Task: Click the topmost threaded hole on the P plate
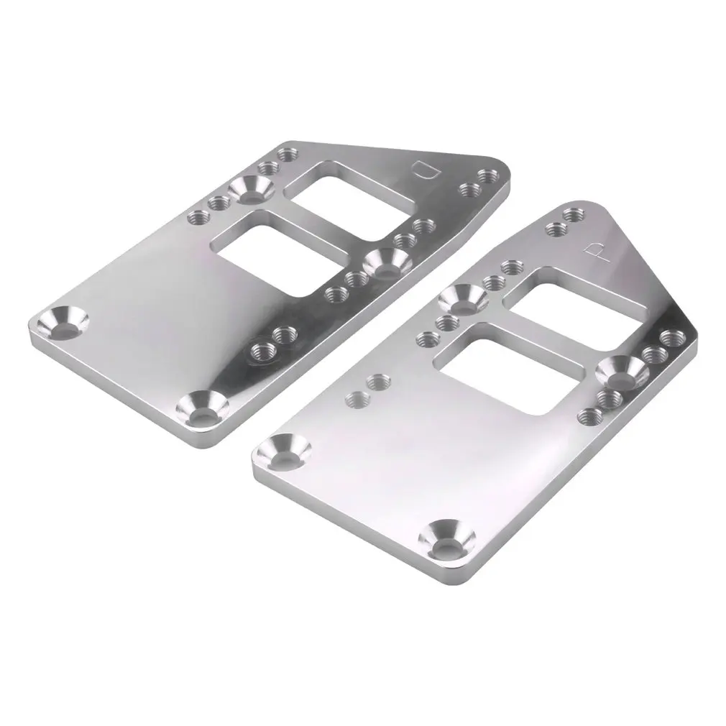coord(573,214)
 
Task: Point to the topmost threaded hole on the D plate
coord(288,154)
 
